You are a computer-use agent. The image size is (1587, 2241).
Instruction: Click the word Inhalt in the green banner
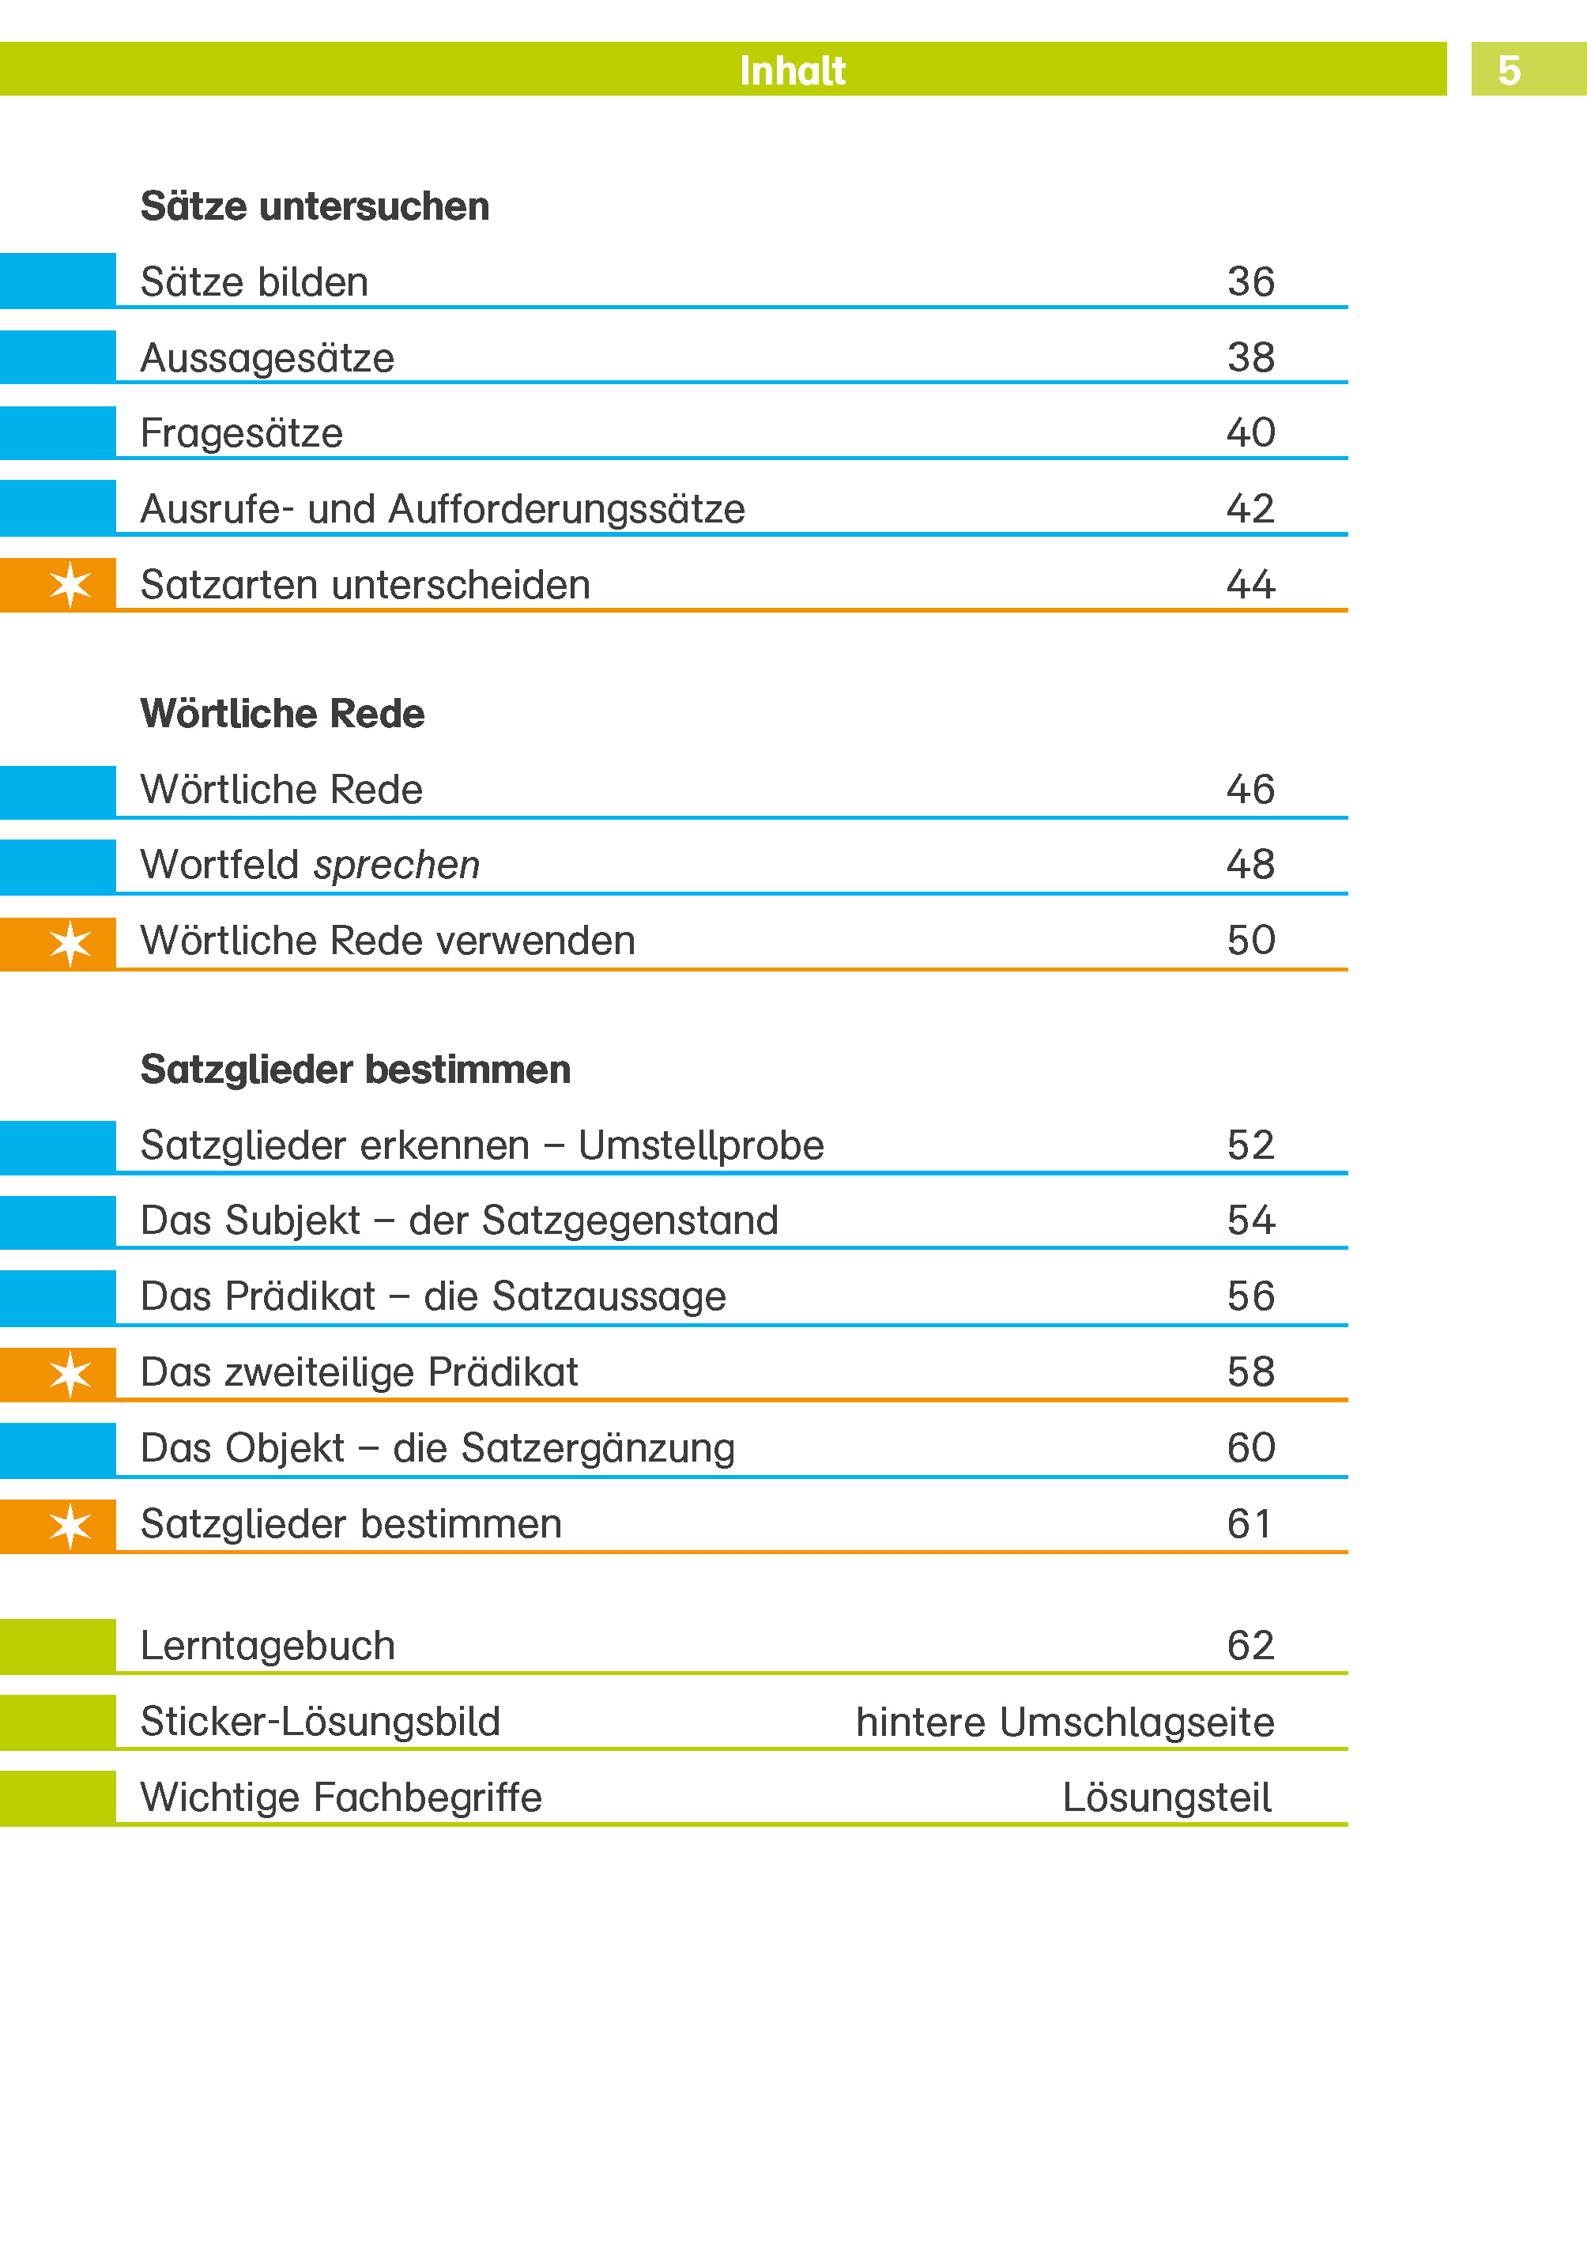792,70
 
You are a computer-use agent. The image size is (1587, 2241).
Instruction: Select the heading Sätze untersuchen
315,206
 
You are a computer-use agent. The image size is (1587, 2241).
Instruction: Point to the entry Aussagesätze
267,358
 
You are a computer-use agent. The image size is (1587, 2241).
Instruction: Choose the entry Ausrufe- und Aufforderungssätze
442,508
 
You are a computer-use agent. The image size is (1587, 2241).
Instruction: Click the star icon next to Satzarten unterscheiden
70,584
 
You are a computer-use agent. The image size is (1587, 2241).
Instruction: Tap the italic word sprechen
397,864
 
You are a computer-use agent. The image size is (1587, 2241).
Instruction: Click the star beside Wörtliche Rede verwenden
70,943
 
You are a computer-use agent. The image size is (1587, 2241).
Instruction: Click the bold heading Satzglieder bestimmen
355,1070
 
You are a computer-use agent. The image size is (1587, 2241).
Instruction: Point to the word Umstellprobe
701,1145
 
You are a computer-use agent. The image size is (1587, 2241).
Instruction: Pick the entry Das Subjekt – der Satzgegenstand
459,1220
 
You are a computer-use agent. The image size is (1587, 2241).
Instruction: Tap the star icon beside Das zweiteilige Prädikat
70,1374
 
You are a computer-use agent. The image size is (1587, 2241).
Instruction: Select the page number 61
1248,1524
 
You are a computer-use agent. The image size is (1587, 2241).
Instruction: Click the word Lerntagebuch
267,1646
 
